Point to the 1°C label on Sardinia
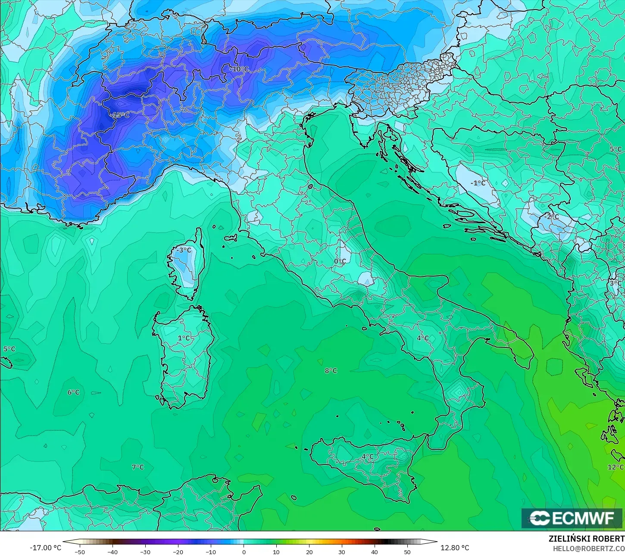pyautogui.click(x=184, y=338)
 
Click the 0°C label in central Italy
pyautogui.click(x=340, y=261)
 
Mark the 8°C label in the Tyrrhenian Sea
pyautogui.click(x=331, y=371)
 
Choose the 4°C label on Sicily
pyautogui.click(x=367, y=457)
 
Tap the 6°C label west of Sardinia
pyautogui.click(x=73, y=392)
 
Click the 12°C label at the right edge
pyautogui.click(x=616, y=467)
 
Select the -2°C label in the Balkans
pyautogui.click(x=550, y=216)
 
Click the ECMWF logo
pyautogui.click(x=572, y=518)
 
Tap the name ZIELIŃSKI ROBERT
pyautogui.click(x=586, y=539)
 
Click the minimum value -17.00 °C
pyautogui.click(x=45, y=548)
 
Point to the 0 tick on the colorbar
pyautogui.click(x=244, y=552)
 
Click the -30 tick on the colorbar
pyautogui.click(x=145, y=552)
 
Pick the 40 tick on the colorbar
pyautogui.click(x=375, y=552)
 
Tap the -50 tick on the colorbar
pyautogui.click(x=80, y=552)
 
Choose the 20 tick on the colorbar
pyautogui.click(x=309, y=552)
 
